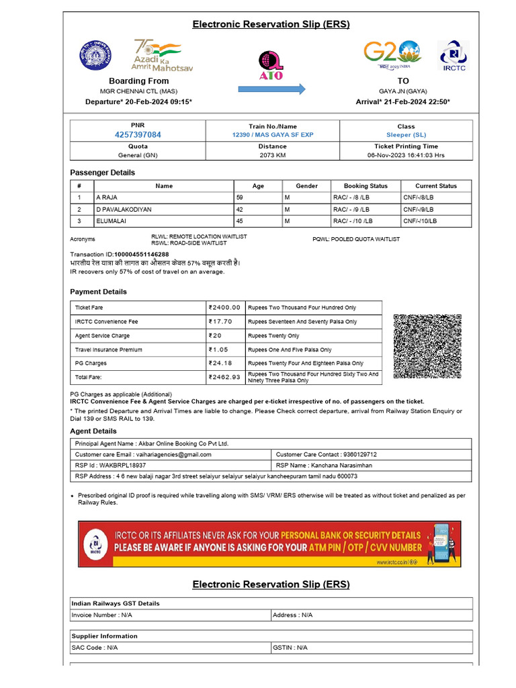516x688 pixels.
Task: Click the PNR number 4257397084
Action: (138, 135)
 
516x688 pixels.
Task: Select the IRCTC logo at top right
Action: (454, 56)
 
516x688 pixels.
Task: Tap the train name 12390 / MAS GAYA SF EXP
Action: (272, 135)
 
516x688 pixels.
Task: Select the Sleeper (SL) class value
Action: (406, 135)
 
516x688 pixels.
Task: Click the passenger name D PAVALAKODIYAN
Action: (124, 210)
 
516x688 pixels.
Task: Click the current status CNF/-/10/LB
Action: (420, 221)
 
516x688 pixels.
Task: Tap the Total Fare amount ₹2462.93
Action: (225, 378)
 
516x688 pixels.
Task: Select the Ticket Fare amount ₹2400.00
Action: (225, 308)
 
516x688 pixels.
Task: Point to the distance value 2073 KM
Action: (272, 155)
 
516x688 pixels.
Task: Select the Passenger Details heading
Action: (102, 173)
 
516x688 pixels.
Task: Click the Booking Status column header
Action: (365, 186)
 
